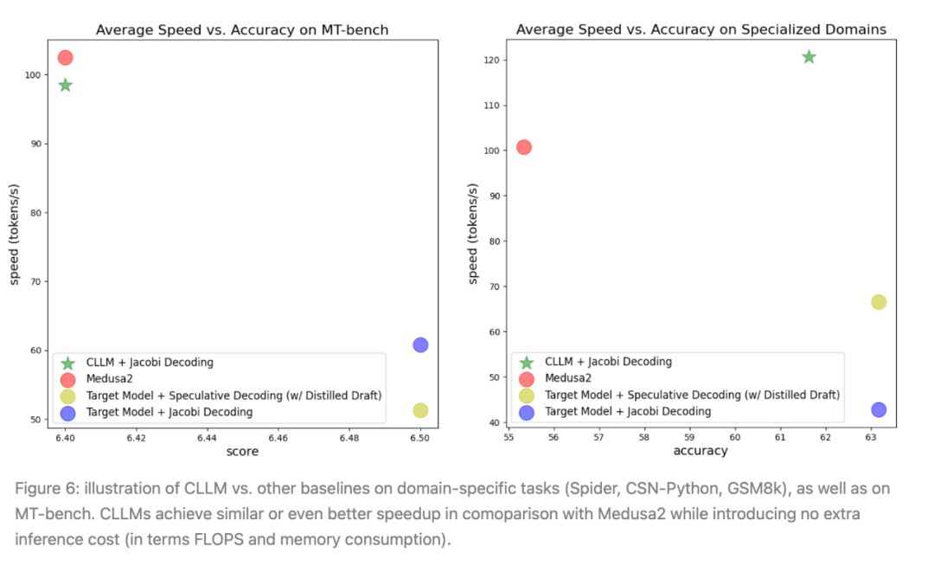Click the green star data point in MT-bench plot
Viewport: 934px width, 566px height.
pyautogui.click(x=65, y=85)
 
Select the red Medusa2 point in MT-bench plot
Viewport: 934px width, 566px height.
pyautogui.click(x=65, y=58)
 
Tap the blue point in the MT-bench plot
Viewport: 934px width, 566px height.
pyautogui.click(x=420, y=344)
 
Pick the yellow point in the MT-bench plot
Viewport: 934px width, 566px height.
pyautogui.click(x=420, y=410)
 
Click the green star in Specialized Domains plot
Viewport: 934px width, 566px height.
pyautogui.click(x=809, y=57)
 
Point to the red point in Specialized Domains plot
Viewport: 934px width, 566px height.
pyautogui.click(x=523, y=147)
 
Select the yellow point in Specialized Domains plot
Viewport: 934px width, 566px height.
pyautogui.click(x=879, y=302)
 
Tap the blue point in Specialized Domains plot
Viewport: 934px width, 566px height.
pyautogui.click(x=879, y=409)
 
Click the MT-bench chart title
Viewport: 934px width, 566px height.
pyautogui.click(x=242, y=29)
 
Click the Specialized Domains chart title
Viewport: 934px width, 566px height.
pyautogui.click(x=701, y=29)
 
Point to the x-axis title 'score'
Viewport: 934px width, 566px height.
pyautogui.click(x=242, y=452)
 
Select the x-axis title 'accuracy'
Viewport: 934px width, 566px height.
pyautogui.click(x=700, y=451)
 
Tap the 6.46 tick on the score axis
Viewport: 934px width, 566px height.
pyautogui.click(x=278, y=438)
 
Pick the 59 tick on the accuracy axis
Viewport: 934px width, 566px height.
pyautogui.click(x=689, y=438)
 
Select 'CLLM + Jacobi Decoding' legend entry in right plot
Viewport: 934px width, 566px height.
pyautogui.click(x=608, y=362)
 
